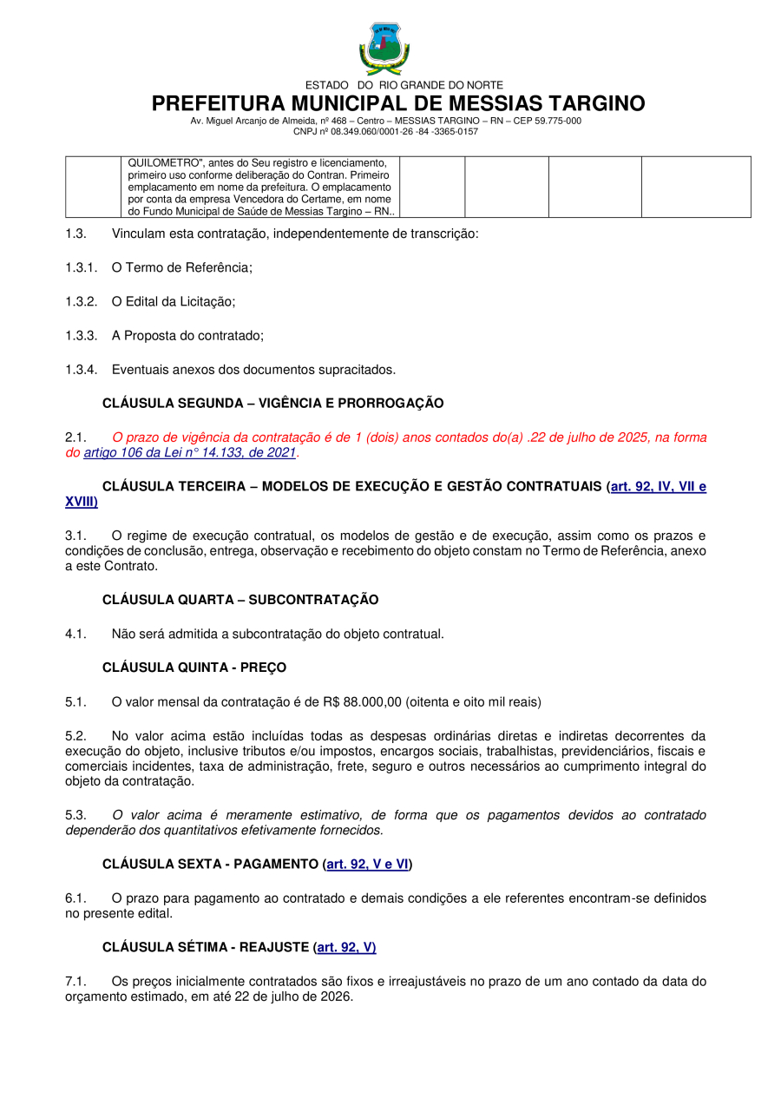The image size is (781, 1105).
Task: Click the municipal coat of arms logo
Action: click(x=384, y=49)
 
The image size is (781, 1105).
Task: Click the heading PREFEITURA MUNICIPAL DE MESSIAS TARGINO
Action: click(x=398, y=104)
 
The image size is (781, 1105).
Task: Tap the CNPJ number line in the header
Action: click(x=385, y=132)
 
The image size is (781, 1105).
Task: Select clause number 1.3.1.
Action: click(x=81, y=268)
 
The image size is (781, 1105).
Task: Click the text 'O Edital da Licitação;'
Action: click(x=174, y=302)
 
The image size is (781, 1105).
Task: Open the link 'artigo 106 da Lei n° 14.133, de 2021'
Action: click(x=189, y=453)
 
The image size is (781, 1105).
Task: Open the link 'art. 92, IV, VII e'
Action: click(x=658, y=487)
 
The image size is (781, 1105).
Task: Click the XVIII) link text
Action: click(x=81, y=503)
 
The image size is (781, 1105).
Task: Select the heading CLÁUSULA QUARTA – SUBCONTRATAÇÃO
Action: click(x=240, y=600)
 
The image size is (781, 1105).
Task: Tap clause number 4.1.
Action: click(x=75, y=634)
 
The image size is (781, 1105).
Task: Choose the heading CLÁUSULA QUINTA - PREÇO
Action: click(x=194, y=668)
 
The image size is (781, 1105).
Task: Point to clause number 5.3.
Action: click(x=75, y=815)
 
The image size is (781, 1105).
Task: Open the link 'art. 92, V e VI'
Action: click(x=367, y=865)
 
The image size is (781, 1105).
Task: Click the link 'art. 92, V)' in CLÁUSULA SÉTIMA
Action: click(x=346, y=948)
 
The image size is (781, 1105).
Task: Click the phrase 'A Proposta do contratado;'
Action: click(x=187, y=336)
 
